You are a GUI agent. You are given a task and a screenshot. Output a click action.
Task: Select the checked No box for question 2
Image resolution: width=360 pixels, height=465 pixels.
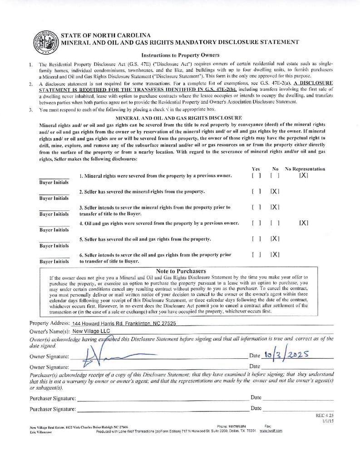275,192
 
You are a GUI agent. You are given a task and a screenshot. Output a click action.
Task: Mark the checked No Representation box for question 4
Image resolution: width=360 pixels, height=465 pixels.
304,223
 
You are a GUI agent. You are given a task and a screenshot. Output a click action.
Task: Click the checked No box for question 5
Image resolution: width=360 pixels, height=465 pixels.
275,238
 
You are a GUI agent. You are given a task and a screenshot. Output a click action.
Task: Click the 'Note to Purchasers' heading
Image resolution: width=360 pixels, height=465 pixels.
181,271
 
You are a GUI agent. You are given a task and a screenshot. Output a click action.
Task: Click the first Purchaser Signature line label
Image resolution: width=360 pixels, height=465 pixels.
52,398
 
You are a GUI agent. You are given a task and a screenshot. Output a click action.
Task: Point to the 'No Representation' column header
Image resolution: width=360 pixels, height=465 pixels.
305,169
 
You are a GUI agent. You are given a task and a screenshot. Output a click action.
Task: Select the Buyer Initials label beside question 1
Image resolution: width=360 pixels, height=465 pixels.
54,183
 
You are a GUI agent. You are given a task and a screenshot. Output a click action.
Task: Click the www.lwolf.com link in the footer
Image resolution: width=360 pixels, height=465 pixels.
271,431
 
